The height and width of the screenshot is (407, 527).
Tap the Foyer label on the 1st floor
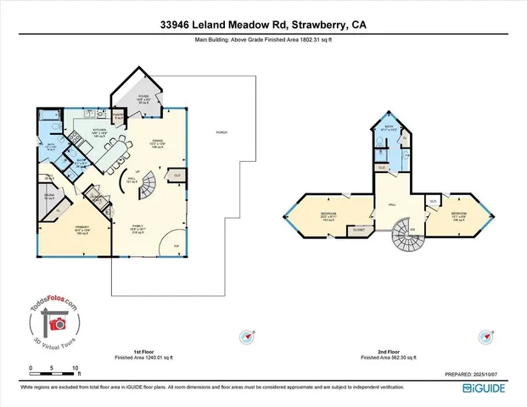tap(143, 98)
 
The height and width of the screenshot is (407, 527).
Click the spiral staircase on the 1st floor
tap(149, 181)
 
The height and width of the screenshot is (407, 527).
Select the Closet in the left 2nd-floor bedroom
tap(359, 229)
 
